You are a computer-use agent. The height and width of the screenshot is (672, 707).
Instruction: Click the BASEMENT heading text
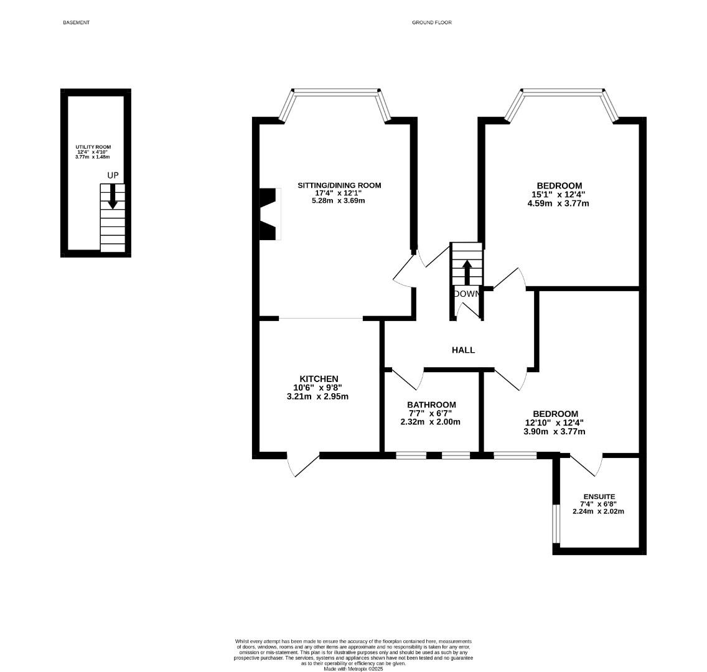pos(76,22)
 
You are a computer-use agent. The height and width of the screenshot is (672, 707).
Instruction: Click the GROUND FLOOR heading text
pos(431,22)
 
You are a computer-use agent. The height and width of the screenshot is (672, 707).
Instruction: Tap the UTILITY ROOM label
pos(93,147)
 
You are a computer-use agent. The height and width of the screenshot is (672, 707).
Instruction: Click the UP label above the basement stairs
pos(113,175)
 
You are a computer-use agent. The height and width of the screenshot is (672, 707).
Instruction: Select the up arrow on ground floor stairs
pos(467,271)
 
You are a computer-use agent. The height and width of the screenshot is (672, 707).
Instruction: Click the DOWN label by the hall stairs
pos(467,294)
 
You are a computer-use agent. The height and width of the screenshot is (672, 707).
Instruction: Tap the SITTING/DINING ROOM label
pos(339,185)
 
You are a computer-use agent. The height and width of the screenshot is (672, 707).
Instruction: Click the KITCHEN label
pos(319,379)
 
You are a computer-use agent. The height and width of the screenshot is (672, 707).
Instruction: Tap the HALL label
pos(463,350)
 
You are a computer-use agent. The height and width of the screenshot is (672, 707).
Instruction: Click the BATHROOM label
pos(431,404)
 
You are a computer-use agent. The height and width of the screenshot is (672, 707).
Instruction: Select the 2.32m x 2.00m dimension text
pos(430,422)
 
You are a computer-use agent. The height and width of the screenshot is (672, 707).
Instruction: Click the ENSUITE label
pos(599,497)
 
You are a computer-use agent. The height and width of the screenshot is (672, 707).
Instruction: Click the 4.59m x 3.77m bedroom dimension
pos(559,203)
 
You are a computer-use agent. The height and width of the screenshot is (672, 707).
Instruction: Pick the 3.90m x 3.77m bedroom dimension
pos(555,431)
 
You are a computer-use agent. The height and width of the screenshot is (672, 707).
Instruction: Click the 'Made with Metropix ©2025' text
pos(353,668)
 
